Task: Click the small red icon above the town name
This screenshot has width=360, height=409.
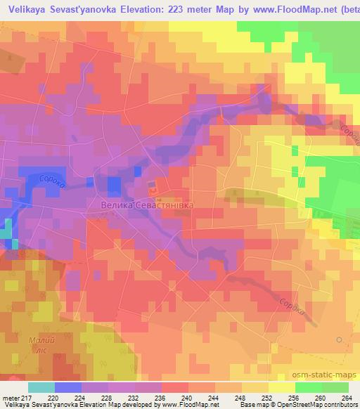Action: click(153, 188)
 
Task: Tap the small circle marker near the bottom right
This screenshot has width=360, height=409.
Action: click(340, 339)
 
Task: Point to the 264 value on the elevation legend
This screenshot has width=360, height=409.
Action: click(345, 398)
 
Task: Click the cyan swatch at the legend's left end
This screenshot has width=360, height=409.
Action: click(41, 387)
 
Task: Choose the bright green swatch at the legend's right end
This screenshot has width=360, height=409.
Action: click(335, 387)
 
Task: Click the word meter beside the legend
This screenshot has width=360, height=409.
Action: click(11, 398)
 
